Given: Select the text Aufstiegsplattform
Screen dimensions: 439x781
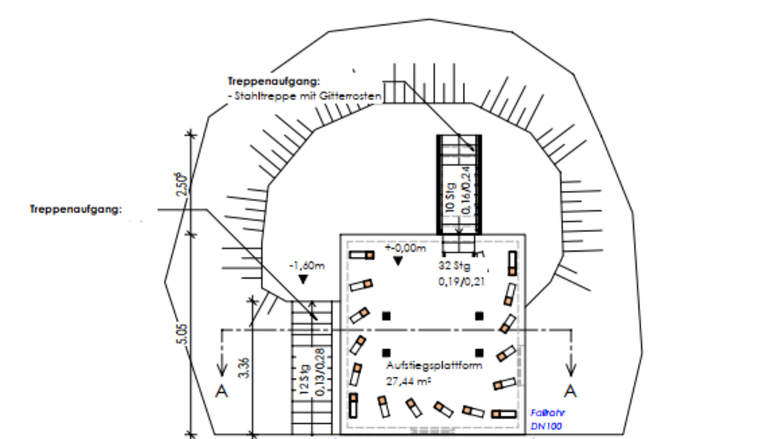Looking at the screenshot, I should [434, 366].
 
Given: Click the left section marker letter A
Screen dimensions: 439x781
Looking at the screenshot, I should [222, 391].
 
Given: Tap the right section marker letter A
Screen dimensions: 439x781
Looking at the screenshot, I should [570, 390].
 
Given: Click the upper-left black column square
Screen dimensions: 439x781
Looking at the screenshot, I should [387, 315].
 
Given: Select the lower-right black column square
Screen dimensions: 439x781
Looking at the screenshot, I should [479, 351].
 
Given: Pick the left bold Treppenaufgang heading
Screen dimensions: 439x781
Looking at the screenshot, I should [76, 209].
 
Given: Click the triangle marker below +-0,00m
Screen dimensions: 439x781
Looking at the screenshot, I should [397, 261].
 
